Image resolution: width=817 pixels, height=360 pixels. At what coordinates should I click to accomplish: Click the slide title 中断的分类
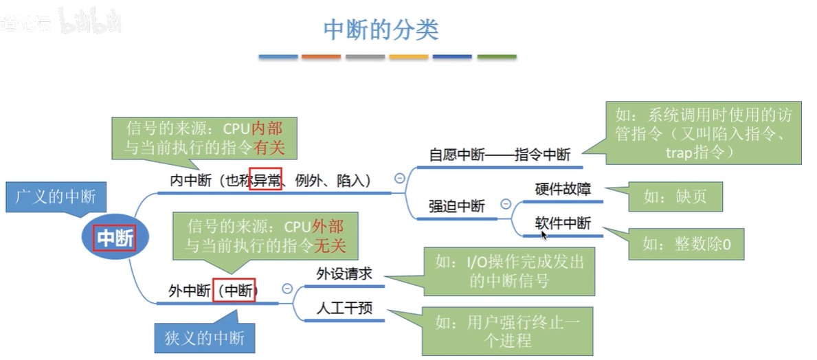[x=381, y=30]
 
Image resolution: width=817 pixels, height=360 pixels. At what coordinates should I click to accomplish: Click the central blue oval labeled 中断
[x=114, y=238]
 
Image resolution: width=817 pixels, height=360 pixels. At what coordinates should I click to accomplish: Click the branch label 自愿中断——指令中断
[x=500, y=155]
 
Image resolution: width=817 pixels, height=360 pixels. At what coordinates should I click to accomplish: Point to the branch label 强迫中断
[x=456, y=206]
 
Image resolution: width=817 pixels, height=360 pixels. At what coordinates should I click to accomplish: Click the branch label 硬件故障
[x=563, y=189]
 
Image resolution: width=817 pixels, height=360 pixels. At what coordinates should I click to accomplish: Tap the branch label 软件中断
[x=563, y=223]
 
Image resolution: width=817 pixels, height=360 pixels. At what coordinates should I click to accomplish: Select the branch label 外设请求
[x=344, y=273]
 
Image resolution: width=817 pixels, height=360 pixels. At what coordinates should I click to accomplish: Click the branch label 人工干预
[x=344, y=308]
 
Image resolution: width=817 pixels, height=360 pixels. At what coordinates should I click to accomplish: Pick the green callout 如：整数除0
[x=687, y=244]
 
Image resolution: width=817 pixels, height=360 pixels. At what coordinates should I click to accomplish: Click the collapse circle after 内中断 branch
[x=399, y=179]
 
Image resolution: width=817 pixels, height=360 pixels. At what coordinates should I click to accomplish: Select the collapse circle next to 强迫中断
[x=506, y=204]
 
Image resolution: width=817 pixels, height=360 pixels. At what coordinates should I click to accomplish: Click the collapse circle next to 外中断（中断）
[x=287, y=289]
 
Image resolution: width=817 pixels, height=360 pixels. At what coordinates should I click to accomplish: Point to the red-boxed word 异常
[x=265, y=181]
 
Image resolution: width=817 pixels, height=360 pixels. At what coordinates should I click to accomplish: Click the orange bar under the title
[x=321, y=56]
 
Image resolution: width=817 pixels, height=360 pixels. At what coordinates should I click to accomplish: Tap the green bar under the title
[x=497, y=56]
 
